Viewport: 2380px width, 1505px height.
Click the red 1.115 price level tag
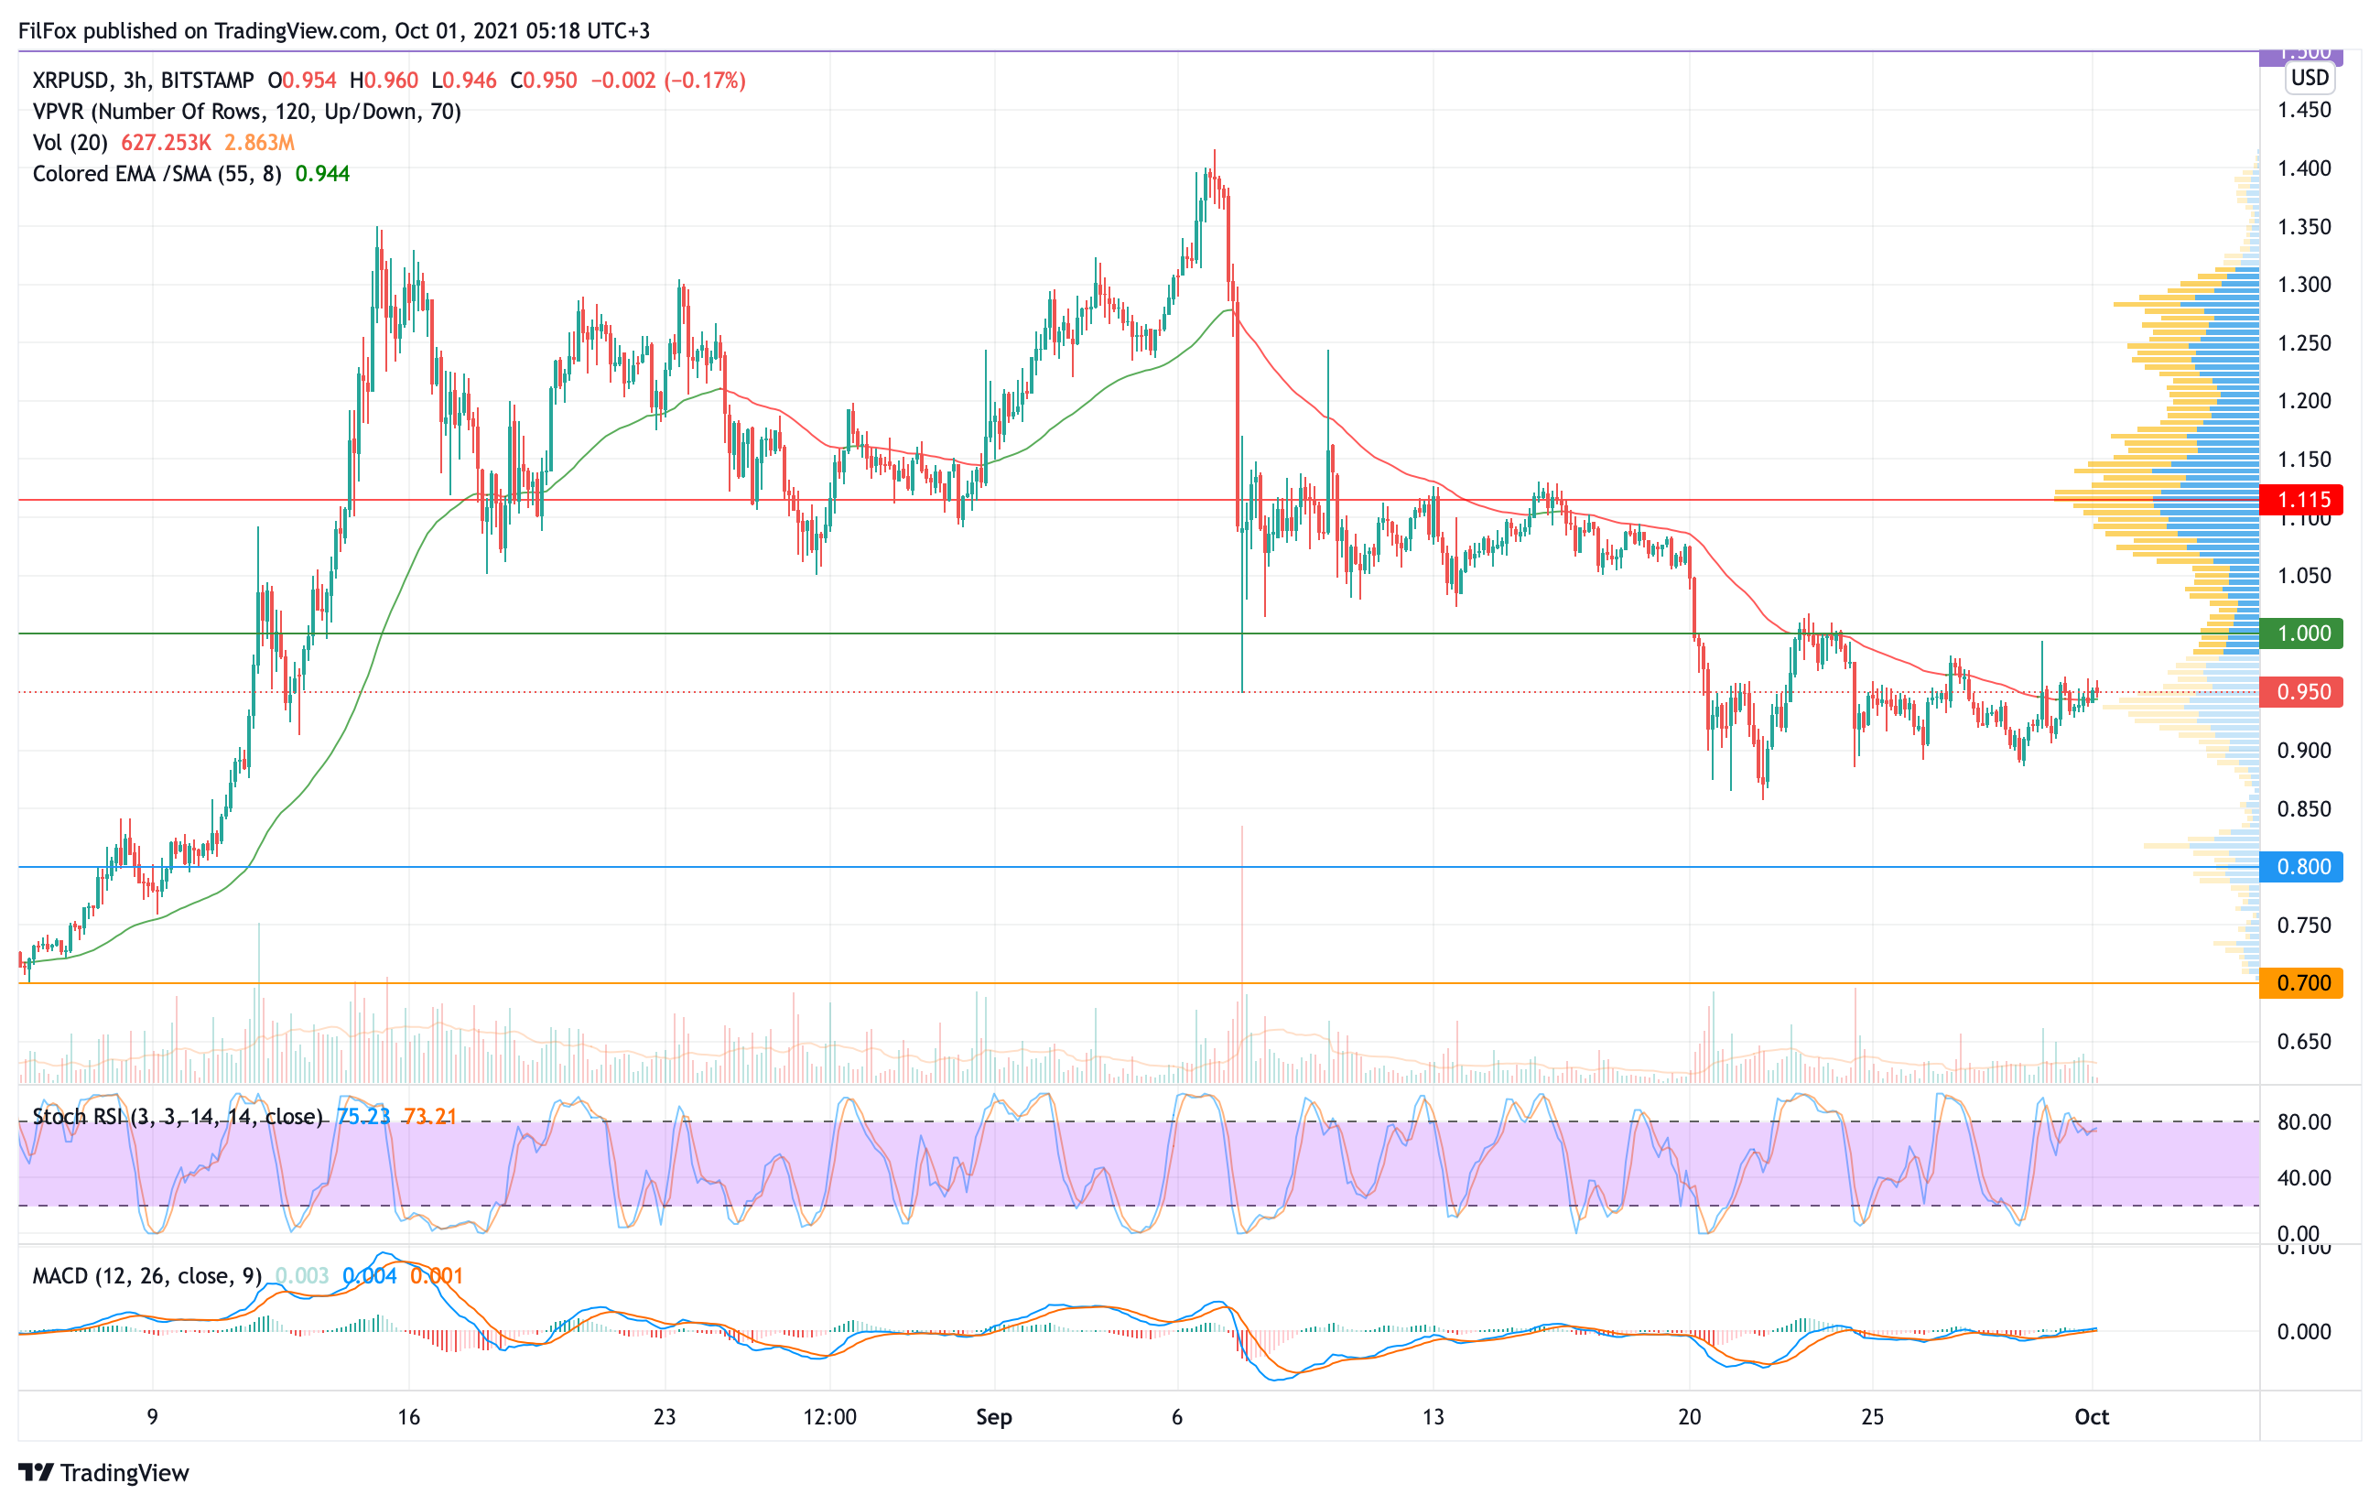click(x=2302, y=499)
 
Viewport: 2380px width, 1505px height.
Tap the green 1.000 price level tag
click(x=2302, y=633)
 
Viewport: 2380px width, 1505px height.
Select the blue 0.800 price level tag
click(x=2302, y=867)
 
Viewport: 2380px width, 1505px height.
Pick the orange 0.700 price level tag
click(x=2302, y=983)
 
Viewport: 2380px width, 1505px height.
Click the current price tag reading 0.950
click(x=2302, y=692)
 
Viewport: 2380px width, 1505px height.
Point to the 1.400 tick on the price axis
click(x=2304, y=168)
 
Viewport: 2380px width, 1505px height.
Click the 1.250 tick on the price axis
click(x=2304, y=343)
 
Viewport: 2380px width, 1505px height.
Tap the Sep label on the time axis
click(x=993, y=1417)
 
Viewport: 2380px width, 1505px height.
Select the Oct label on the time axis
click(x=2092, y=1417)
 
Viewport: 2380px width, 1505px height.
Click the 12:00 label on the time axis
click(x=829, y=1417)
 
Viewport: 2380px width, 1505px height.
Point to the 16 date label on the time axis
click(x=408, y=1417)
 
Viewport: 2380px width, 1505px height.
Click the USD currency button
click(x=2310, y=77)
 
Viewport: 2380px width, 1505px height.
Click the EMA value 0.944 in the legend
click(x=322, y=174)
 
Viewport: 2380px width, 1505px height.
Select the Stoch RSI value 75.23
click(x=363, y=1117)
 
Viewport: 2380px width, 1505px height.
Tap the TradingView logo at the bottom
click(x=103, y=1472)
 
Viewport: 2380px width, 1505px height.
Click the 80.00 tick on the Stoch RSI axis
click(x=2304, y=1121)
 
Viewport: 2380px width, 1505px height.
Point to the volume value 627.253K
click(x=166, y=142)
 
